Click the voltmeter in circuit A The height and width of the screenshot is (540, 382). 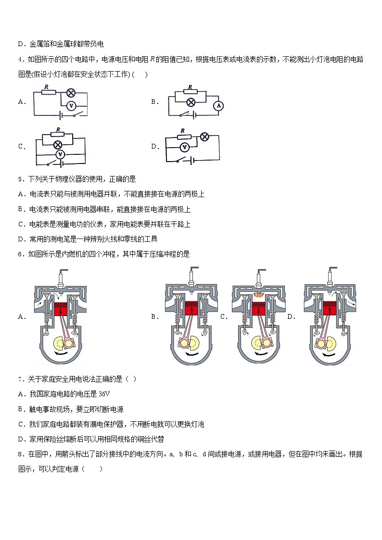pyautogui.click(x=71, y=105)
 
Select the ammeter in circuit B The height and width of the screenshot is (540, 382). pyautogui.click(x=218, y=105)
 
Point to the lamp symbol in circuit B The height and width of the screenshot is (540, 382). pyautogui.click(x=191, y=102)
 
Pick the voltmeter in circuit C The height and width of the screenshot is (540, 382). pyautogui.click(x=60, y=154)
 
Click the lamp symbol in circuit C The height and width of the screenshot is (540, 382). pyautogui.click(x=58, y=144)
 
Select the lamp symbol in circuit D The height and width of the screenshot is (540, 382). pyautogui.click(x=204, y=137)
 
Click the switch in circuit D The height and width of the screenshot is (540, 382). pyautogui.click(x=181, y=160)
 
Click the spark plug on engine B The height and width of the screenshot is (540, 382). pyautogui.click(x=191, y=277)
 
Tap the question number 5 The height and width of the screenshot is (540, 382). pyautogui.click(x=20, y=179)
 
